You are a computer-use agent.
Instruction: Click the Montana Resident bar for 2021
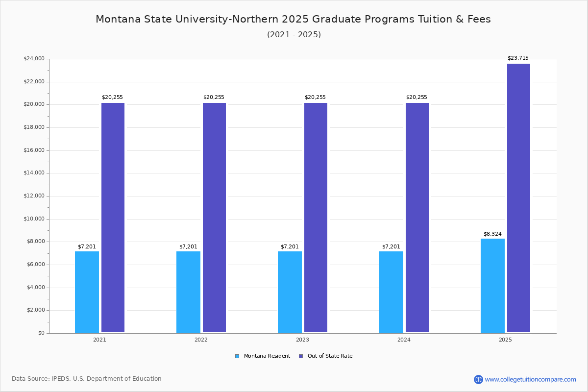[87, 292]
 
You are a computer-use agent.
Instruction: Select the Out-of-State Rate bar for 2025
[518, 198]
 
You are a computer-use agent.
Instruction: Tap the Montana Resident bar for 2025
[492, 286]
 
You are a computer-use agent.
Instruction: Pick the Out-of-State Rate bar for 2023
[316, 218]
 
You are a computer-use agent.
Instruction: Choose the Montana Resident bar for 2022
[188, 292]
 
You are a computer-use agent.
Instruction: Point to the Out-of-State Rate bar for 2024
[417, 218]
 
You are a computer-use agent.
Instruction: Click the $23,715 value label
[518, 58]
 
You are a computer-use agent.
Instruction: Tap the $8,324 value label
[492, 234]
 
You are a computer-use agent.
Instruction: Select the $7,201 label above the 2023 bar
[290, 246]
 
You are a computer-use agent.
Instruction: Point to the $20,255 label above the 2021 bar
[112, 97]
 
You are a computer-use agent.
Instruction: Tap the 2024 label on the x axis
[404, 340]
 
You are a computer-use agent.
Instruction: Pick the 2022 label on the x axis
[201, 340]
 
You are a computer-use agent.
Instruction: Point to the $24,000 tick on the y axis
[34, 59]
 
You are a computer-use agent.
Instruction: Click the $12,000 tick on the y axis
[34, 196]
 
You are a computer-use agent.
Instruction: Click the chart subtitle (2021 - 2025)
[294, 34]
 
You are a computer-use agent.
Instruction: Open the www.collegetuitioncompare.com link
[530, 379]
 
